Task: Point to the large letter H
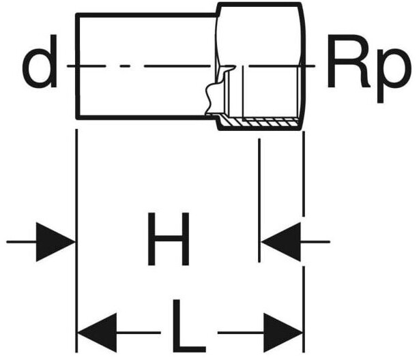(168, 240)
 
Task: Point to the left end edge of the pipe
(76, 67)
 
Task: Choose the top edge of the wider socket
(259, 4)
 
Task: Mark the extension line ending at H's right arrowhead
(259, 198)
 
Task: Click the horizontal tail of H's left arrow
(20, 241)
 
